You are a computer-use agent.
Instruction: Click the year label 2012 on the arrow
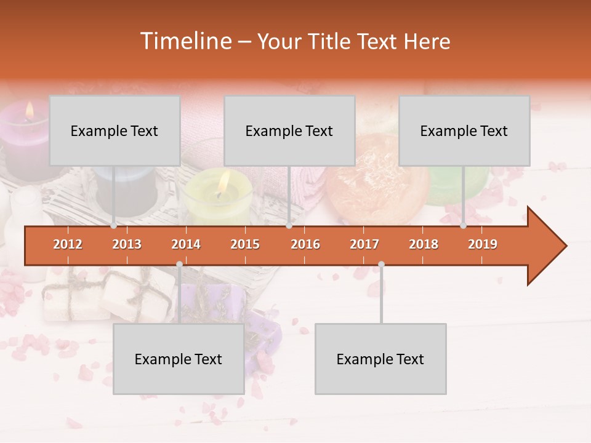point(68,244)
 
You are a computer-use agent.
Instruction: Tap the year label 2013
point(127,244)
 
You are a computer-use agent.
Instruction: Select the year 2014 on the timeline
point(186,244)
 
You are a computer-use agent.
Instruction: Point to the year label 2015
point(245,244)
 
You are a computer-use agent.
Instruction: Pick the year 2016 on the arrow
point(305,244)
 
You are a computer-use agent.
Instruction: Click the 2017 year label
point(364,244)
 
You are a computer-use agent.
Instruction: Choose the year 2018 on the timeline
point(424,244)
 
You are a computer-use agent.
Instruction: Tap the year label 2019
point(483,244)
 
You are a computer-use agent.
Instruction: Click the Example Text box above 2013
point(115,130)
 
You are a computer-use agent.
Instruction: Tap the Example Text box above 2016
point(289,130)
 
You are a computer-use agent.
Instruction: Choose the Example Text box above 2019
point(464,130)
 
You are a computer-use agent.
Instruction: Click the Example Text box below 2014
point(179,359)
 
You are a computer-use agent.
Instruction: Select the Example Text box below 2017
point(380,359)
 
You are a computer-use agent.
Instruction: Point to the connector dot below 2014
point(179,265)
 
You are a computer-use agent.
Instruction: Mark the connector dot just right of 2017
point(381,265)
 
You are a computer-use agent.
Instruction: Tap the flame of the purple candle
point(29,110)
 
